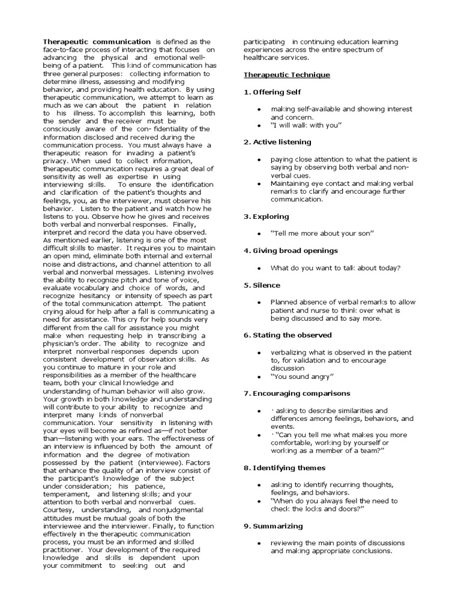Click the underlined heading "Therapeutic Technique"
(x=286, y=75)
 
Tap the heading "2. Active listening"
(x=277, y=142)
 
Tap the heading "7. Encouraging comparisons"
(x=297, y=393)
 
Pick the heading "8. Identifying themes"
(x=285, y=468)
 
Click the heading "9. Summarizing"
(x=273, y=526)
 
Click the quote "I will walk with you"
(x=306, y=125)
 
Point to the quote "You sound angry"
(x=302, y=377)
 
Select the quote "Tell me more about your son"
(x=322, y=233)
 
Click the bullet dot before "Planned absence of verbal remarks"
(x=258, y=302)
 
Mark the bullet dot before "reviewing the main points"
(x=258, y=543)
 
